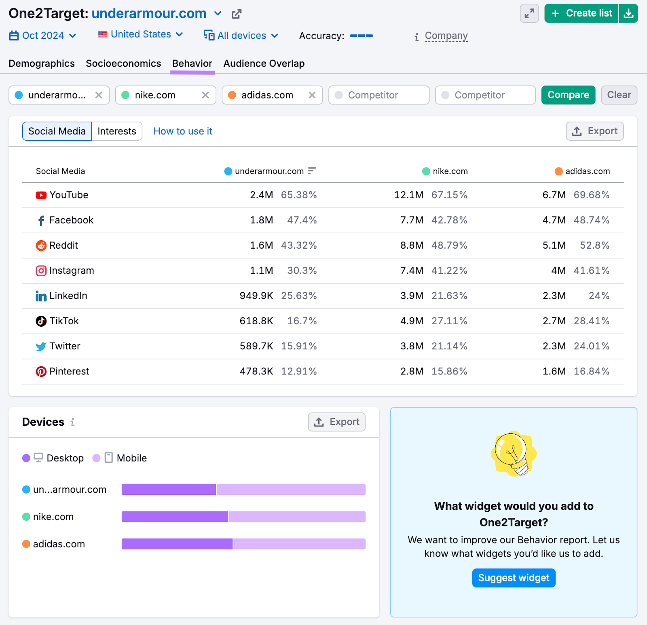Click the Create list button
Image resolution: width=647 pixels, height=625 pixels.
click(581, 13)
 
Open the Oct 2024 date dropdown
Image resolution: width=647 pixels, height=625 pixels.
click(43, 36)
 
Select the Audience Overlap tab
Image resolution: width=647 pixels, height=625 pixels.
click(264, 63)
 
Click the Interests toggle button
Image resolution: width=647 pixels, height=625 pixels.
click(116, 131)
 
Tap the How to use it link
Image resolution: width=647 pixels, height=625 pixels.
click(183, 131)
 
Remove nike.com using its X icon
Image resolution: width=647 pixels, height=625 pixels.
click(205, 95)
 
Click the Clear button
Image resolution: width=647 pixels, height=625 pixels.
click(619, 95)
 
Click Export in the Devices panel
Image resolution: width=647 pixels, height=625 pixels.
click(336, 422)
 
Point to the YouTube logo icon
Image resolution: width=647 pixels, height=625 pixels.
click(41, 195)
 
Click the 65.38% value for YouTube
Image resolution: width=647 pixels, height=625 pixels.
click(299, 195)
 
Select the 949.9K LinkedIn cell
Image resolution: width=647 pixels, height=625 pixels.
click(256, 296)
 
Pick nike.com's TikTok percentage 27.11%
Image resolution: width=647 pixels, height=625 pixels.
click(449, 321)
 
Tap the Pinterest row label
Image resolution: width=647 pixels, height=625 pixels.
click(69, 372)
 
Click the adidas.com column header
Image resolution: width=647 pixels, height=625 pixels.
click(587, 171)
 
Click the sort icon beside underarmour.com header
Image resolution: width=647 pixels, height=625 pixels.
click(312, 171)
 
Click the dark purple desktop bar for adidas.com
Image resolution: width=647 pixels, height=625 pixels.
click(177, 544)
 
